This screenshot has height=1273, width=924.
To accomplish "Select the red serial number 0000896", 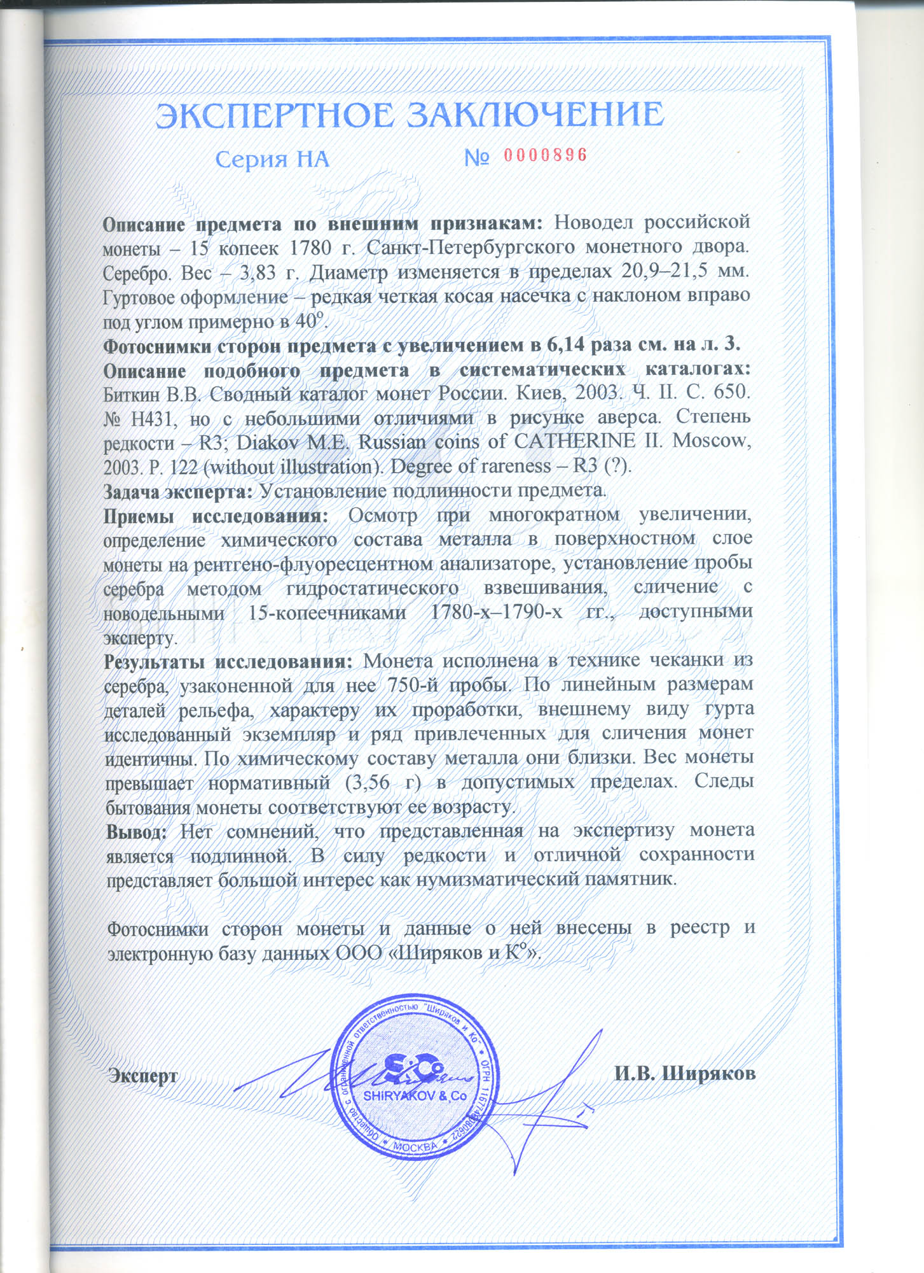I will tap(545, 155).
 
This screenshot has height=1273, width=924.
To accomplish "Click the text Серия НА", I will tap(272, 158).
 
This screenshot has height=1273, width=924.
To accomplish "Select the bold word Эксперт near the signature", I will tap(143, 1075).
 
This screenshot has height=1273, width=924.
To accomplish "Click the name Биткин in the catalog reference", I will tap(132, 394).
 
